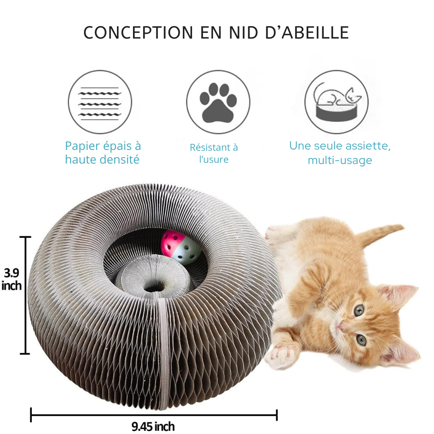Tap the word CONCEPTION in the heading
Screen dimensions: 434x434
pos(138,33)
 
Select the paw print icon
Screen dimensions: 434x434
pos(218,103)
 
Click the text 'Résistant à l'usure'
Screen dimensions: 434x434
pos(214,154)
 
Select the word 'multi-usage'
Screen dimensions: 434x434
pos(340,160)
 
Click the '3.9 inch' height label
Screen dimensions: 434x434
pos(11,279)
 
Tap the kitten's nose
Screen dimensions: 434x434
pos(340,326)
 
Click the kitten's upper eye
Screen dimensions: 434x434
pos(359,310)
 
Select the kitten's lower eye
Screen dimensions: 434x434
pos(361,340)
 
